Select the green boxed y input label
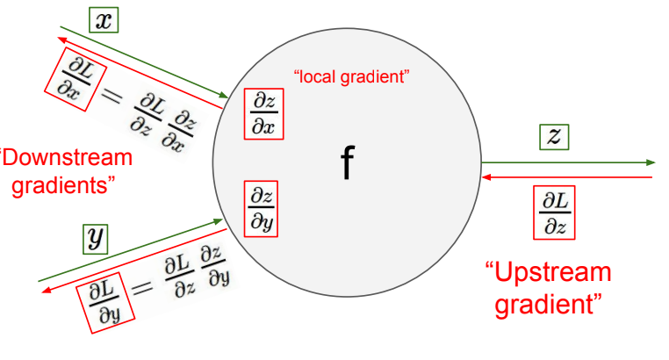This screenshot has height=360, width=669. [94, 237]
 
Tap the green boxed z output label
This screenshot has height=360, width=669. [554, 136]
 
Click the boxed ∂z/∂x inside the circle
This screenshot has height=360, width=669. [263, 113]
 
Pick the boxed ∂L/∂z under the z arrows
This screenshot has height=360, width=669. [556, 212]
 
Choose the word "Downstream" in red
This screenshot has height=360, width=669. [67, 158]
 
